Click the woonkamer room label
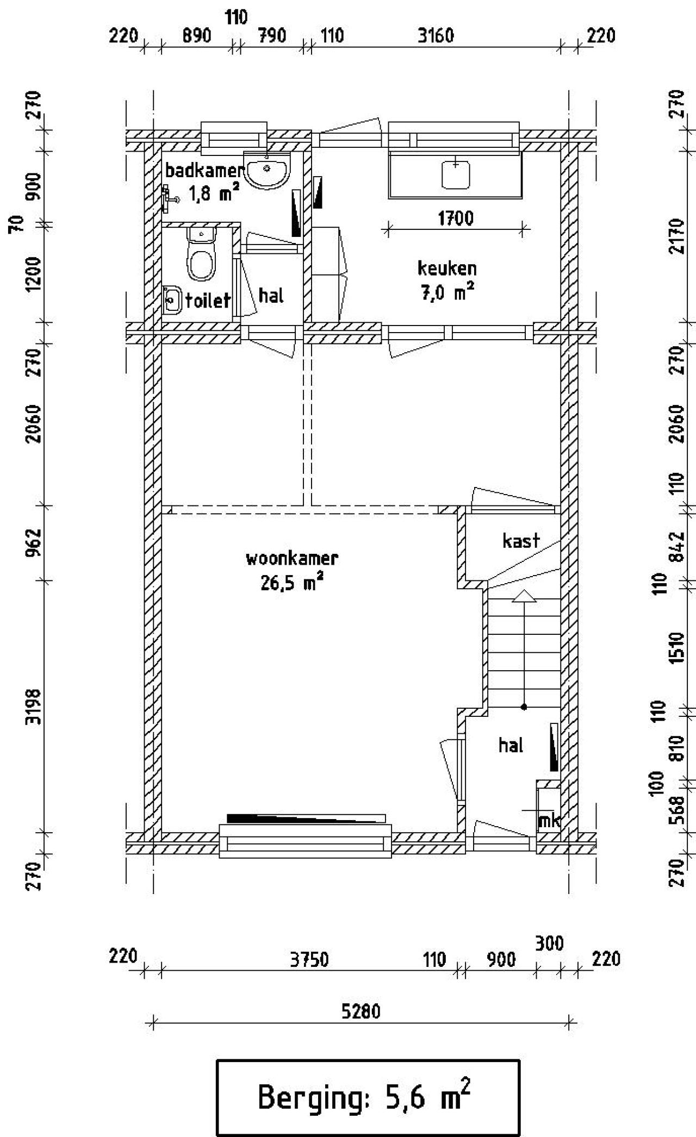(292, 559)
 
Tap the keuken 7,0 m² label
(447, 280)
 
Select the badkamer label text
(203, 171)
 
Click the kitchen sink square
(456, 174)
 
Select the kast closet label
(521, 541)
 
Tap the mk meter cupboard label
(549, 821)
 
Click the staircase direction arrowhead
(524, 596)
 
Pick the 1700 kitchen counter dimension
(456, 218)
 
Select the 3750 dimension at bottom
(309, 960)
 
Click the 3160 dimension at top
(435, 36)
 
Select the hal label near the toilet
(271, 296)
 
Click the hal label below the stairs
(511, 745)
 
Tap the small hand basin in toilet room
(172, 299)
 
